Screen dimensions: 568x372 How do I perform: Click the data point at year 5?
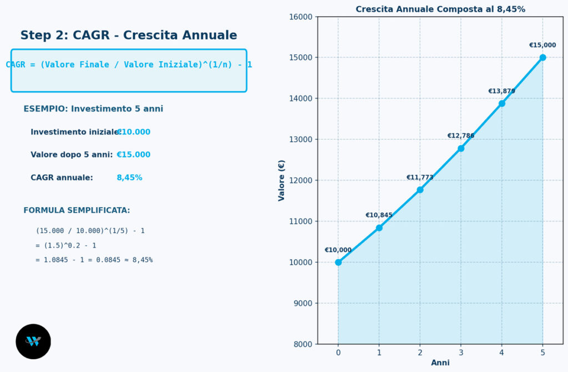coord(542,57)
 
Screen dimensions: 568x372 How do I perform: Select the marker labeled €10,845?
coord(379,228)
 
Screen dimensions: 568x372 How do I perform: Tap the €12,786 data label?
coord(461,135)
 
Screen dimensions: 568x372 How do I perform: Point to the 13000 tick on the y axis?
coord(301,139)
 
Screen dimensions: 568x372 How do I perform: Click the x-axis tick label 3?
coord(461,353)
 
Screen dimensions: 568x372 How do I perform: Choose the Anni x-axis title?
coord(440,363)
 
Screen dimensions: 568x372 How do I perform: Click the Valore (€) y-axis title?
coord(281,180)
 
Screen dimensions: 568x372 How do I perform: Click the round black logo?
coord(33,341)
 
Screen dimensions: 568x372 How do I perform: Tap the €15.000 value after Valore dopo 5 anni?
coord(133,154)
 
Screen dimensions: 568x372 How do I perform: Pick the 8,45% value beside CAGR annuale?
coord(129,178)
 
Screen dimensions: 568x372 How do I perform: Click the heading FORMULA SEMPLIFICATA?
coord(77,210)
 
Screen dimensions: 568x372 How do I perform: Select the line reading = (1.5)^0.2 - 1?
coord(66,245)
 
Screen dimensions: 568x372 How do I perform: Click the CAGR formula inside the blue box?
coord(129,64)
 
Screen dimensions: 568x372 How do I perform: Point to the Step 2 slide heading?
coord(129,35)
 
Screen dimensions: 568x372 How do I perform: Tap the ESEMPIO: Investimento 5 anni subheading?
coord(93,109)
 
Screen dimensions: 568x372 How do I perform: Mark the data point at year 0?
coord(338,262)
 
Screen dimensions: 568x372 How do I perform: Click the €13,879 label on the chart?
coord(501,91)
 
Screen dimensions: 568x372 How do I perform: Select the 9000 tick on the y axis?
coord(302,303)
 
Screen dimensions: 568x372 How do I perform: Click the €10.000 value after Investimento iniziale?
coord(133,132)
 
